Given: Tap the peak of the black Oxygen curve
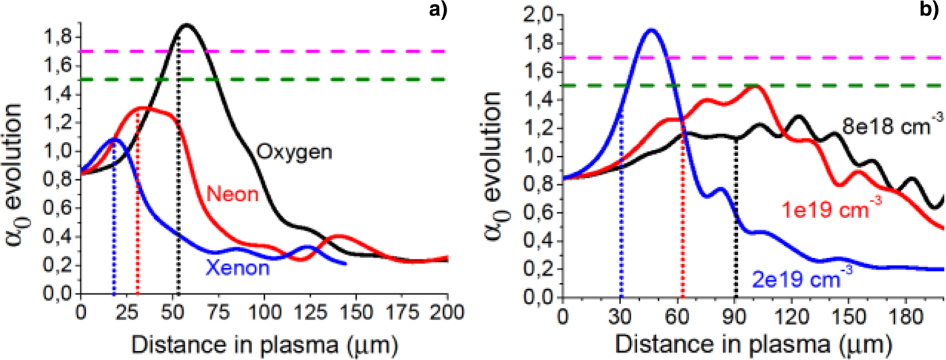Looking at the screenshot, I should point(186,25).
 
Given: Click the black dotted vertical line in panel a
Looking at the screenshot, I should point(178,203).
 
